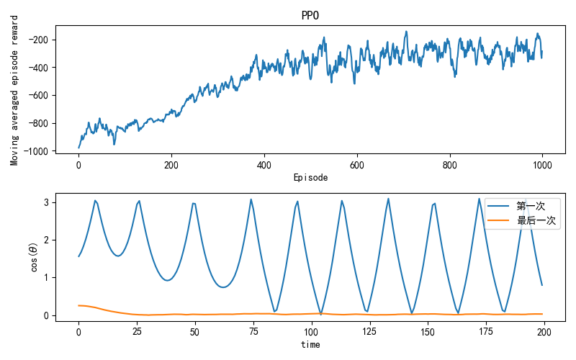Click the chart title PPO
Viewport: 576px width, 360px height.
coord(310,16)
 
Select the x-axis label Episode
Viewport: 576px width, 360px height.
coord(310,177)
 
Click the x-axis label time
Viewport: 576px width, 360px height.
coord(310,345)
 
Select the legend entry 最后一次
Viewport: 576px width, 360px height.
coord(536,221)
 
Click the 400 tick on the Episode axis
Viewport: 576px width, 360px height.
coord(264,164)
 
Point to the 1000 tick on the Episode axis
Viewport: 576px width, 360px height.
coord(542,164)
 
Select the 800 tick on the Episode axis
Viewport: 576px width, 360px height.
coord(450,164)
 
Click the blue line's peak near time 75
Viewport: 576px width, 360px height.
coord(251,199)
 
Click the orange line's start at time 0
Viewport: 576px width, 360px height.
coord(79,305)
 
